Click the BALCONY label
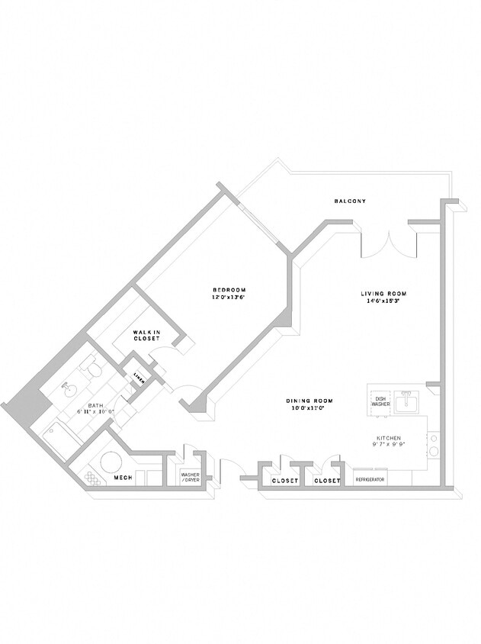(350, 201)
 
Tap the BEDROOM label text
(229, 290)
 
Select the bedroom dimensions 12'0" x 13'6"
(229, 298)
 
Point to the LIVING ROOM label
(383, 294)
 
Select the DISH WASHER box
(380, 401)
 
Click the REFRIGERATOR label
(370, 480)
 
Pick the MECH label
(123, 478)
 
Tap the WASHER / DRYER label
(190, 478)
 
